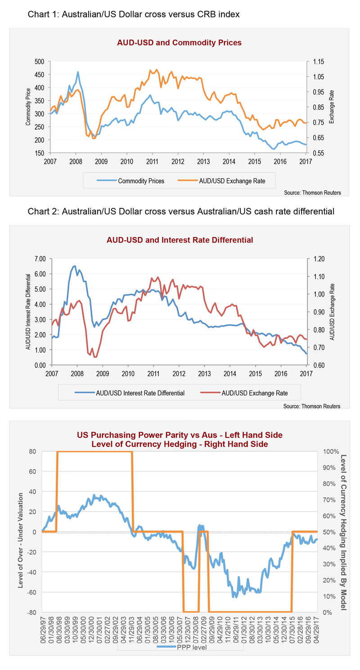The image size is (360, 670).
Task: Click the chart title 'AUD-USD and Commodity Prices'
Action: [x=180, y=43]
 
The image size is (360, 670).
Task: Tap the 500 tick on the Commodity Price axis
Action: [x=40, y=62]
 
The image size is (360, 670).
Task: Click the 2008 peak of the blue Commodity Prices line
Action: [x=78, y=72]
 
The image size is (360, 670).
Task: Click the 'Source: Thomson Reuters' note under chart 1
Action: [x=312, y=193]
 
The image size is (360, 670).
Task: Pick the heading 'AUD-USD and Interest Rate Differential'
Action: [x=180, y=240]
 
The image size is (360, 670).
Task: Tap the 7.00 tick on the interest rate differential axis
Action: [x=39, y=259]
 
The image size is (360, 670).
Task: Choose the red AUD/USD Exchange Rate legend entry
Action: [x=255, y=392]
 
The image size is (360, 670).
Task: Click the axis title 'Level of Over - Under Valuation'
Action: [x=20, y=532]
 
